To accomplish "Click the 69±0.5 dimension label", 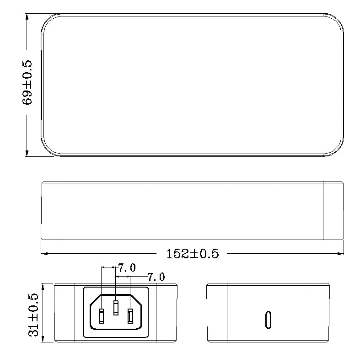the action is [x=27, y=83].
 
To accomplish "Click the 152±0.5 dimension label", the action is [x=193, y=254].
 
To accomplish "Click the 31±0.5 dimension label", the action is [x=33, y=315].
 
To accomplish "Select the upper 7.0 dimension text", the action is [x=127, y=268].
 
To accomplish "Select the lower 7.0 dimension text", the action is [x=156, y=277].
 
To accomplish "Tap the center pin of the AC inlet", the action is [x=116, y=308].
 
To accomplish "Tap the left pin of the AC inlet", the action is [x=101, y=316].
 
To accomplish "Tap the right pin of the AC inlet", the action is [x=130, y=316].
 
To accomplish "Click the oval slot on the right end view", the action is [x=268, y=320].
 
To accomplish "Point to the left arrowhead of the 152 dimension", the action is [x=44, y=254].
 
